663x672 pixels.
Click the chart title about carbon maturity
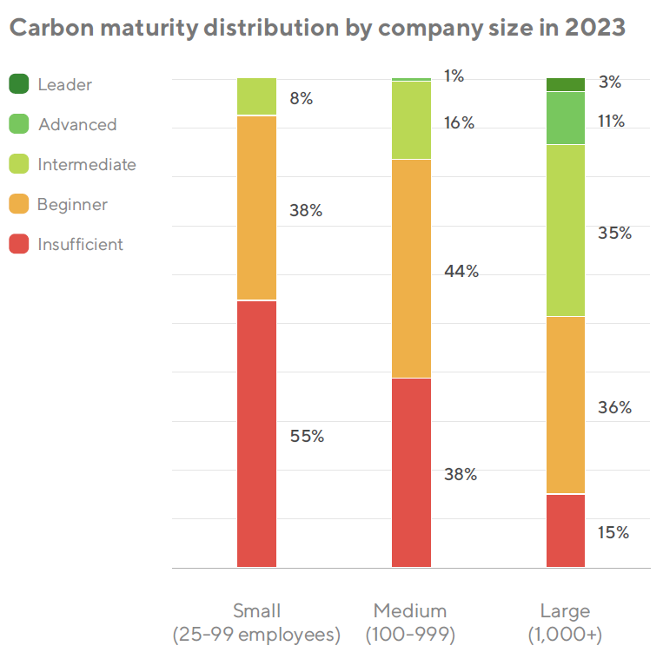(x=317, y=28)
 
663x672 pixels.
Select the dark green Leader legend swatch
(x=20, y=84)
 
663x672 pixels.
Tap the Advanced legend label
(x=77, y=124)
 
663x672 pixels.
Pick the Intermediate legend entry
(x=87, y=164)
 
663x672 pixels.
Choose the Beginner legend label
(x=72, y=204)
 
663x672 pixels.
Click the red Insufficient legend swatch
(x=20, y=244)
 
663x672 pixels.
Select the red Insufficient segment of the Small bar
(x=256, y=433)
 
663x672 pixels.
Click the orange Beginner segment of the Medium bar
(x=411, y=268)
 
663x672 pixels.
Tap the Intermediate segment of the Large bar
(x=566, y=230)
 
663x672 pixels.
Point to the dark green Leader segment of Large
(x=566, y=84)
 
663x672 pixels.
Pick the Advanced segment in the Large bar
(x=566, y=118)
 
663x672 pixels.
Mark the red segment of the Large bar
(x=566, y=530)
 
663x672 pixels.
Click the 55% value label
(x=307, y=436)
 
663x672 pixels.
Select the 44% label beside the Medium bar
(x=461, y=271)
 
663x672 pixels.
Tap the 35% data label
(x=614, y=233)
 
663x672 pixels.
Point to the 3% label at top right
(x=610, y=82)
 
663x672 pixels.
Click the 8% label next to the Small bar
(x=302, y=98)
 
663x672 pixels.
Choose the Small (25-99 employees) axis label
(x=256, y=623)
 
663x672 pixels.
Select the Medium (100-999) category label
(x=410, y=623)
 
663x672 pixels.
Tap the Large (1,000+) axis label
(x=565, y=623)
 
